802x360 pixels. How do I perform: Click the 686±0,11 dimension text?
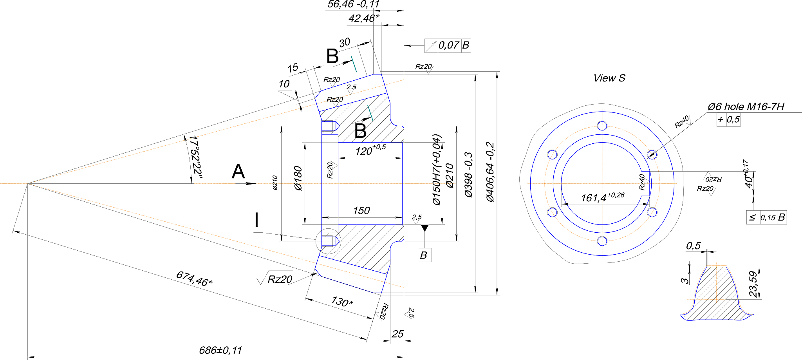(x=220, y=350)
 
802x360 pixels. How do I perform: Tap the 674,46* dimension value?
(x=194, y=279)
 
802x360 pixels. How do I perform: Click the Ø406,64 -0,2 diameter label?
(x=490, y=172)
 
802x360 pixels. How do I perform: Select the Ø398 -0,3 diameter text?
(x=468, y=175)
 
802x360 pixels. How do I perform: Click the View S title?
(x=609, y=78)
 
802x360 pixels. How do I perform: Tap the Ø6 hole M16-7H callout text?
(x=746, y=107)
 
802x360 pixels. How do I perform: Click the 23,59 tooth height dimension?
(x=753, y=284)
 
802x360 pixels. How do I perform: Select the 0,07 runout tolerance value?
(x=448, y=45)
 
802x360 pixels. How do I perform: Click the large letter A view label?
(x=238, y=172)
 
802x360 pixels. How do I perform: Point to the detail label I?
(x=256, y=220)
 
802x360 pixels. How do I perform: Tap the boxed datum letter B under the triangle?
(x=424, y=255)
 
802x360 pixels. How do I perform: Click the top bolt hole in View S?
(x=602, y=126)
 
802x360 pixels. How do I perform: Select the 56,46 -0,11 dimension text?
(x=354, y=4)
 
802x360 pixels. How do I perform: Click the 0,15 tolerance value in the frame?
(x=768, y=218)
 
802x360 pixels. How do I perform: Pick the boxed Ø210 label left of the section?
(x=274, y=183)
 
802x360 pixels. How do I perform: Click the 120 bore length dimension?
(x=370, y=150)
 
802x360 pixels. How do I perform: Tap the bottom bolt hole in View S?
(x=602, y=241)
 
